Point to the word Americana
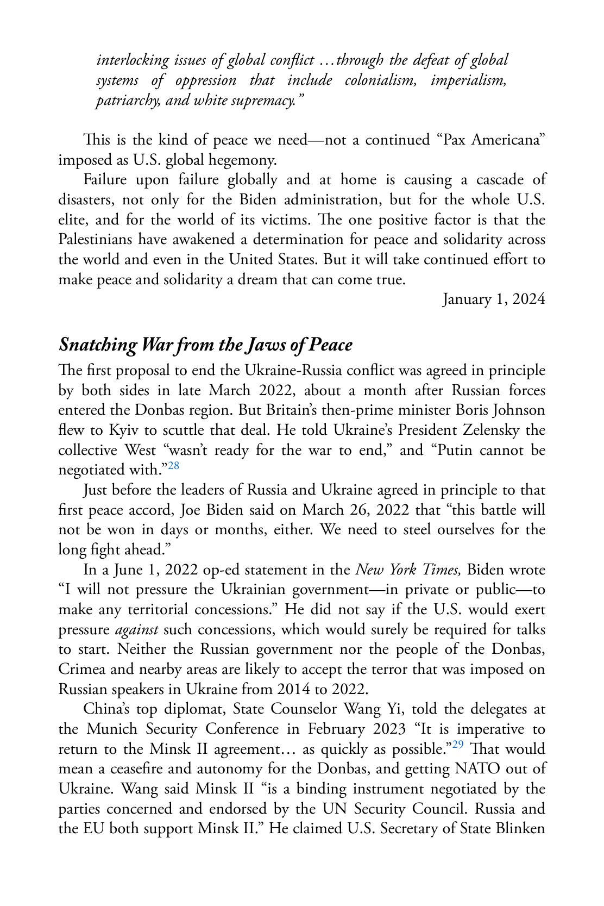point(507,140)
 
